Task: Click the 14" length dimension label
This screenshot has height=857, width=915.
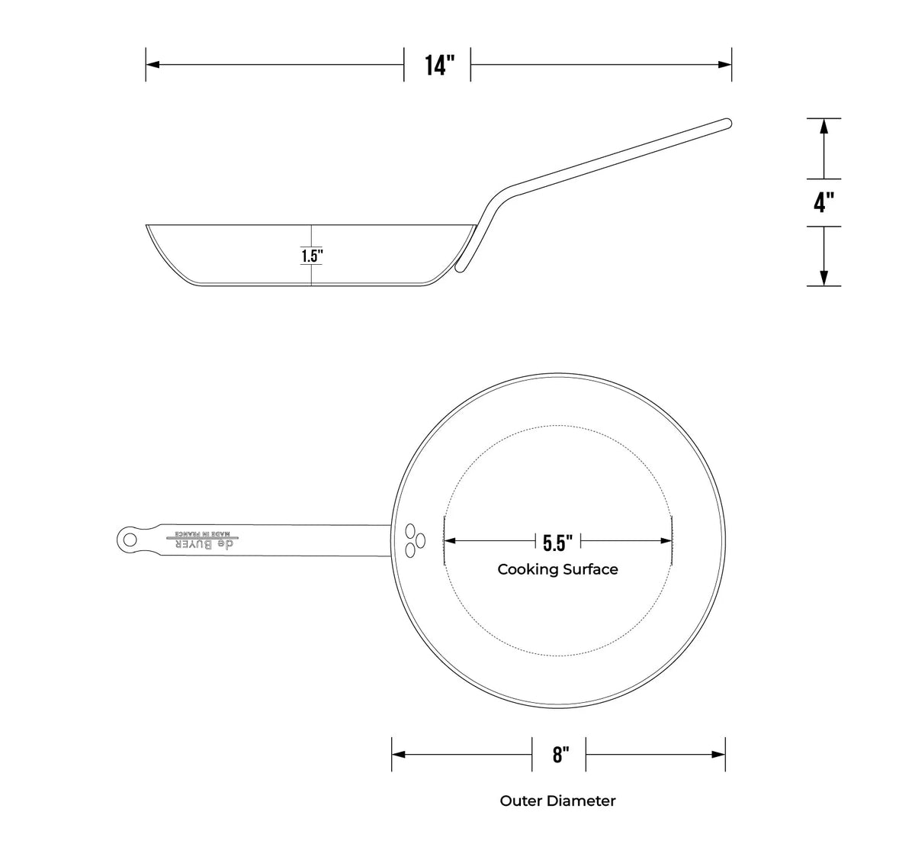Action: [439, 65]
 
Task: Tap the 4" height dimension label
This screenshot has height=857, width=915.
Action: [823, 202]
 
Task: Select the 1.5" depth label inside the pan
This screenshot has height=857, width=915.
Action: [312, 256]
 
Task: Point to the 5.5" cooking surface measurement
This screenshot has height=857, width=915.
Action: [557, 543]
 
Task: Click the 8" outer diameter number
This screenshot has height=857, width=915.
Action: [560, 755]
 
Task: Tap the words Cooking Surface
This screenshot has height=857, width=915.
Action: [557, 569]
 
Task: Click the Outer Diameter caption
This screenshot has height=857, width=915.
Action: [557, 801]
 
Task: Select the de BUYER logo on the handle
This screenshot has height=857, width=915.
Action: [205, 545]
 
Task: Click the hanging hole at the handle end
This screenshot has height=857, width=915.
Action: [130, 540]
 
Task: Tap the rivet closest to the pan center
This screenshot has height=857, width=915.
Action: [419, 540]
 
